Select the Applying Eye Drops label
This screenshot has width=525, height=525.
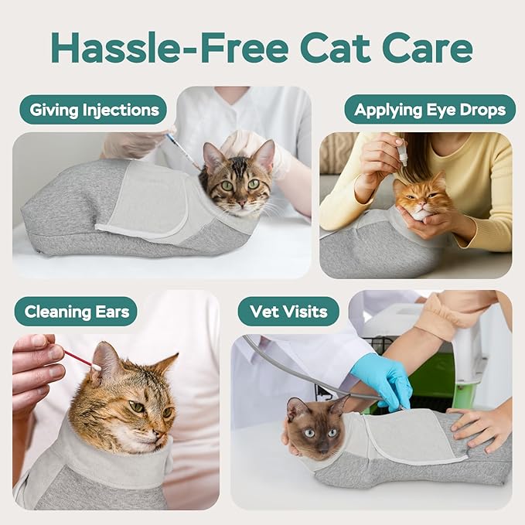pyautogui.click(x=430, y=110)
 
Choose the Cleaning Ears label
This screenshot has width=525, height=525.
pyautogui.click(x=76, y=312)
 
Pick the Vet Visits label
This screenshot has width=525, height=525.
pyautogui.click(x=288, y=312)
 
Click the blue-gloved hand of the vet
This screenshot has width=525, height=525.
pyautogui.click(x=382, y=377)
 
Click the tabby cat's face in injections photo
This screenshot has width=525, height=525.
pyautogui.click(x=238, y=182)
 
